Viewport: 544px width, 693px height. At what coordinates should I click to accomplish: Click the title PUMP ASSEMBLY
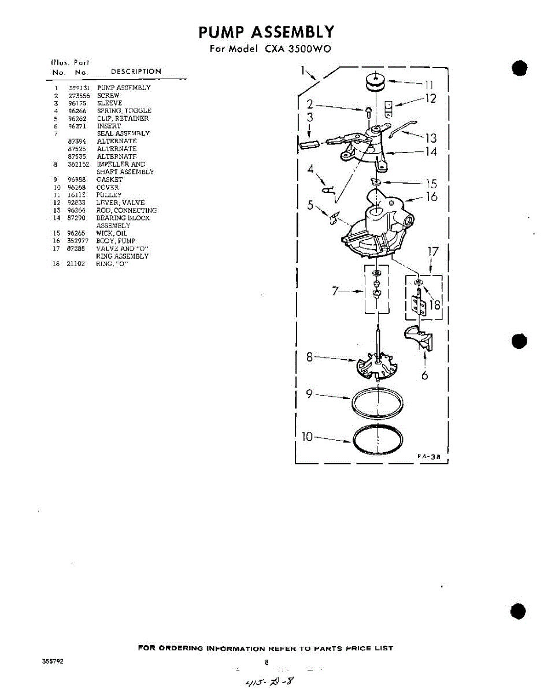pos(266,31)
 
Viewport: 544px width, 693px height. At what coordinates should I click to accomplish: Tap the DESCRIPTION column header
pos(135,72)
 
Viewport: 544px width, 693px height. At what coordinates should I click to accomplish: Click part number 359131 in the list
pos(77,88)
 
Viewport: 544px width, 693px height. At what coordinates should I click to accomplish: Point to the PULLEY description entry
pos(109,195)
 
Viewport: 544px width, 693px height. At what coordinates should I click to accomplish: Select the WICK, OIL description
pos(111,233)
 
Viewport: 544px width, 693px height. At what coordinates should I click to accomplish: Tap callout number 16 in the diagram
pos(431,197)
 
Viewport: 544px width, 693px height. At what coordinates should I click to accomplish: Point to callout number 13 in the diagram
pos(431,138)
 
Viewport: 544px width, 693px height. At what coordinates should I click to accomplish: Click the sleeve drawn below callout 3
pos(312,144)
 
